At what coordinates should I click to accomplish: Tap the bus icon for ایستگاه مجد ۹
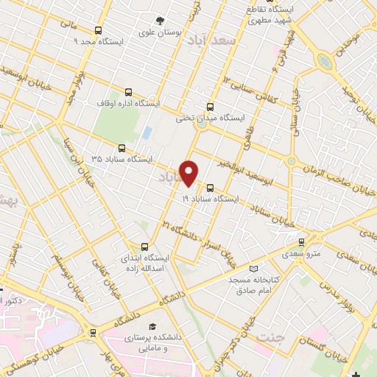[99, 30]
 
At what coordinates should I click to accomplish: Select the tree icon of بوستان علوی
[160, 21]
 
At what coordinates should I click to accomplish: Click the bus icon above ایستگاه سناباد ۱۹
[211, 187]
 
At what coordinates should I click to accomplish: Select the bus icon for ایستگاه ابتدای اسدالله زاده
[144, 247]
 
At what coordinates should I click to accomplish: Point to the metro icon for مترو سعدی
[302, 242]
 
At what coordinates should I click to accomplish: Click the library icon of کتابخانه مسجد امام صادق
[254, 269]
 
